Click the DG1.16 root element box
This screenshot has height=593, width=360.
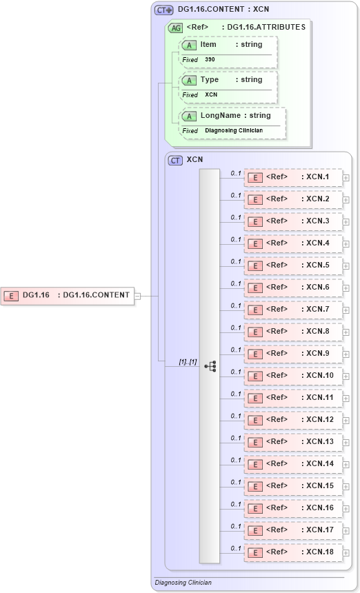click(68, 295)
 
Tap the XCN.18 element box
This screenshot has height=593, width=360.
click(293, 552)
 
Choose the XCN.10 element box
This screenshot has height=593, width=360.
click(293, 376)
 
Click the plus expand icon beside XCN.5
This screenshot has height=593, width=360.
click(346, 266)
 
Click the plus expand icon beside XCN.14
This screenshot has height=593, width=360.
click(346, 465)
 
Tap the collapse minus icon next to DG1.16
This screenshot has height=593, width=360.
click(138, 296)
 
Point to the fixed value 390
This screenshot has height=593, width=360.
click(210, 60)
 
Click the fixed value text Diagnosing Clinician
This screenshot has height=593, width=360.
click(233, 131)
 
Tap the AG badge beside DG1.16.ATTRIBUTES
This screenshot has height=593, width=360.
click(176, 28)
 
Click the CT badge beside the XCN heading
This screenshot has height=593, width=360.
click(176, 160)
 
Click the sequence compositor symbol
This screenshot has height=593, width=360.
click(210, 366)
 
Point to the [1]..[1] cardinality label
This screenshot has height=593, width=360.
click(188, 361)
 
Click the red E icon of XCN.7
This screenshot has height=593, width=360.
click(254, 310)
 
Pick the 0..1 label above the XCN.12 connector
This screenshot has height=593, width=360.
click(235, 416)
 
